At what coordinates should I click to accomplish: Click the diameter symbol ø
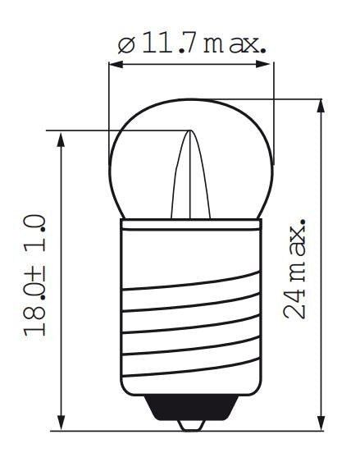pos(125,44)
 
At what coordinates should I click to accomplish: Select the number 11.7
pos(166,43)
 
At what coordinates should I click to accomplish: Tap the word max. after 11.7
pos(237,43)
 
